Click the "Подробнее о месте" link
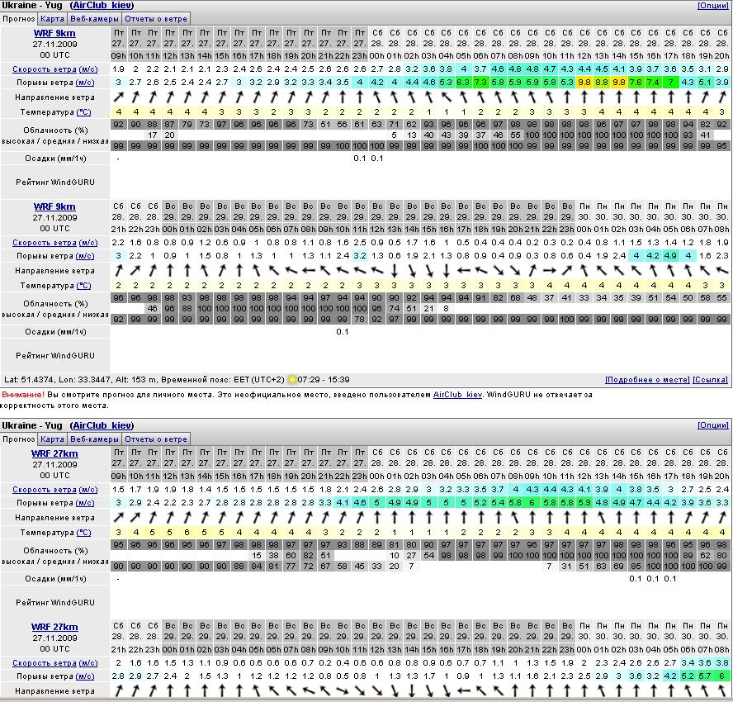(x=647, y=380)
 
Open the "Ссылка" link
(x=710, y=380)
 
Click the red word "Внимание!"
(x=22, y=395)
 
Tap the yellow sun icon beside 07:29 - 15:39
(x=292, y=380)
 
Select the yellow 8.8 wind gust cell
(x=601, y=83)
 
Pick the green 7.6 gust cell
(x=636, y=83)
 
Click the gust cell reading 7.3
(x=480, y=83)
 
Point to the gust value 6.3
(x=463, y=83)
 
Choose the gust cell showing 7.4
(x=653, y=83)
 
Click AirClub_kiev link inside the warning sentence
(x=458, y=395)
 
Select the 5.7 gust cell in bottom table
(x=705, y=676)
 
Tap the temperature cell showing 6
(x=187, y=533)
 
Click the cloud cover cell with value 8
(x=446, y=308)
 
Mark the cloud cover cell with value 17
(x=153, y=135)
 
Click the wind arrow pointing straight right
(x=550, y=271)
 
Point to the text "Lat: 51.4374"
(x=33, y=380)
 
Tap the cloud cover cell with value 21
(x=428, y=308)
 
